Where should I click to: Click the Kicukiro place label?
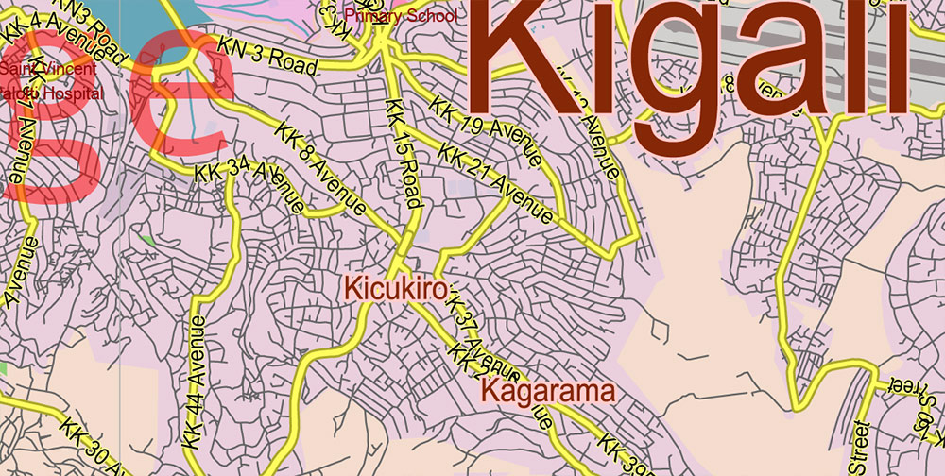pyautogui.click(x=395, y=288)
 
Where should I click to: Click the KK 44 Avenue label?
pyautogui.click(x=196, y=379)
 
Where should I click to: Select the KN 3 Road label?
pyautogui.click(x=266, y=55)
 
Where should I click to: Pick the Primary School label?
pyautogui.click(x=401, y=16)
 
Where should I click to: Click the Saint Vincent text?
pyautogui.click(x=47, y=70)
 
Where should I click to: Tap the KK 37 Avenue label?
pyautogui.click(x=470, y=330)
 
